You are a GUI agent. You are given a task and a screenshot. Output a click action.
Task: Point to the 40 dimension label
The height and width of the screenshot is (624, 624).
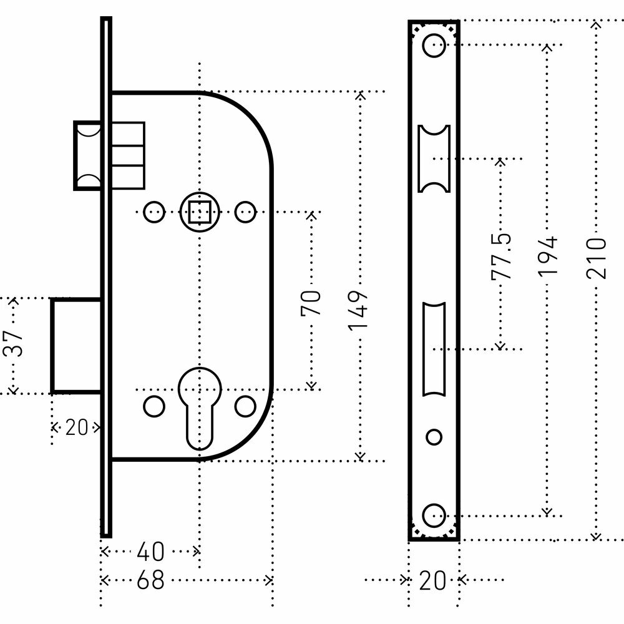150,552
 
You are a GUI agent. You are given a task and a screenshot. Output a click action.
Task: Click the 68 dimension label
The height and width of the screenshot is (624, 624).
150,581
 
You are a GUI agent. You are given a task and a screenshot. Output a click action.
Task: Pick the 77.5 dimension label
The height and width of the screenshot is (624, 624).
500,256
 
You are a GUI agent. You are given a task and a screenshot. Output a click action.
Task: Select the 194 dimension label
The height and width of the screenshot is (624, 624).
547,256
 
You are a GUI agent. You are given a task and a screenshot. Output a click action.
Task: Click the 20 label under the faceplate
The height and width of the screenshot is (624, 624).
433,581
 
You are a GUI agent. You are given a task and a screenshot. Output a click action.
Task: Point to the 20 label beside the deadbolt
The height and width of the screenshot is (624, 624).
76,428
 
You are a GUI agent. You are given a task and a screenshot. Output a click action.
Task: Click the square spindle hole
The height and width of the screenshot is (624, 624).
199,213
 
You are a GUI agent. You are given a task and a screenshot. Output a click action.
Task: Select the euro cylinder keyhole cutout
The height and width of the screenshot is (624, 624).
199,406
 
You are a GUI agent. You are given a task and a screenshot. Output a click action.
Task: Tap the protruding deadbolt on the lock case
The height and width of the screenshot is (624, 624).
76,346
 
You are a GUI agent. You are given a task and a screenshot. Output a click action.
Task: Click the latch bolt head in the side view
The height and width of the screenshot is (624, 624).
87,155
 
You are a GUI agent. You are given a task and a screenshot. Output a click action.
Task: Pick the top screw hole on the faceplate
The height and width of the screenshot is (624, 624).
434,45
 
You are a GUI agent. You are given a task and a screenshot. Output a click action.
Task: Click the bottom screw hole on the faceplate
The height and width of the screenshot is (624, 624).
434,515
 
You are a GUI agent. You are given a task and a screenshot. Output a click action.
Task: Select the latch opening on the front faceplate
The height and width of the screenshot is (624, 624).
434,158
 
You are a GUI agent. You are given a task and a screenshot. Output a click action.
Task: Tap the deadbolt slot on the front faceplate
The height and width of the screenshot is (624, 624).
434,348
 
